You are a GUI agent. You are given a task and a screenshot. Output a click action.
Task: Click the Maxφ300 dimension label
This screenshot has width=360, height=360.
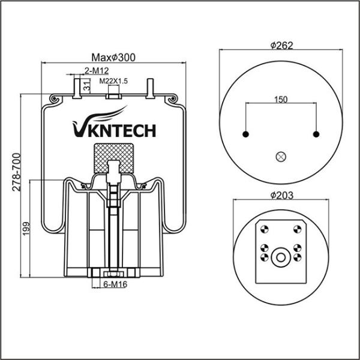click(113, 58)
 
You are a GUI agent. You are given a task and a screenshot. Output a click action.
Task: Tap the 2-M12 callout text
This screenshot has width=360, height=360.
click(97, 71)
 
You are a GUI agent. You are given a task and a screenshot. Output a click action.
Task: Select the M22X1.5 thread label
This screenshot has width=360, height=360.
click(113, 81)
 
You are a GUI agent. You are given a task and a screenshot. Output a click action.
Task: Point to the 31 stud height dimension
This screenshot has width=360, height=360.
click(86, 86)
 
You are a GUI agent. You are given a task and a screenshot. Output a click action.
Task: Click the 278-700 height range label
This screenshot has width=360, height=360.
click(17, 172)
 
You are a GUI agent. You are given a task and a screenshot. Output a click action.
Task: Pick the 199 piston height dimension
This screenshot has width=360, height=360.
click(26, 229)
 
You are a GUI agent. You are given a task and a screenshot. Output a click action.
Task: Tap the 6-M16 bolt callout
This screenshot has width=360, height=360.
click(115, 284)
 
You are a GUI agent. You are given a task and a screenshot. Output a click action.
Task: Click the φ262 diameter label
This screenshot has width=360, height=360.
click(282, 45)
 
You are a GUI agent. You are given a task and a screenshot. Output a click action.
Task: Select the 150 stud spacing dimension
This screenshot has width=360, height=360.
click(281, 100)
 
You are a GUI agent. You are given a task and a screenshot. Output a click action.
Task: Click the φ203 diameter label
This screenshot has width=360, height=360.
click(282, 195)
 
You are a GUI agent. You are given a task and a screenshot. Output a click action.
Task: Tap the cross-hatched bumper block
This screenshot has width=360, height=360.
click(113, 158)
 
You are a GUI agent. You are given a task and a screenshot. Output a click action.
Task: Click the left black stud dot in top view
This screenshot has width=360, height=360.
click(245, 134)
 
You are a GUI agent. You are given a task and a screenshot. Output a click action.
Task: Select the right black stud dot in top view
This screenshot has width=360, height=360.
click(316, 134)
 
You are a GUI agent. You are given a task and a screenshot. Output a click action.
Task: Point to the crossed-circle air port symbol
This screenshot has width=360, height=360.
click(281, 157)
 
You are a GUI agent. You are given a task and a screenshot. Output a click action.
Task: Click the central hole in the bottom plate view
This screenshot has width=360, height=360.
click(281, 257)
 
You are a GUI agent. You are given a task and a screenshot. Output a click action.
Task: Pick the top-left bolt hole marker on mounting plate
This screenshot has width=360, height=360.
click(264, 229)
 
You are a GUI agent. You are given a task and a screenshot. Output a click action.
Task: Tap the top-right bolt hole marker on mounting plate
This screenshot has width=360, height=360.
click(298, 229)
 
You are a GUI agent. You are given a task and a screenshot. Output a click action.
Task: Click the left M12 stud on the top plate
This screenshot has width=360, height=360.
click(77, 88)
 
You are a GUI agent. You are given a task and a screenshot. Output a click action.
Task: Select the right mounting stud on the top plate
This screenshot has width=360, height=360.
click(150, 88)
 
